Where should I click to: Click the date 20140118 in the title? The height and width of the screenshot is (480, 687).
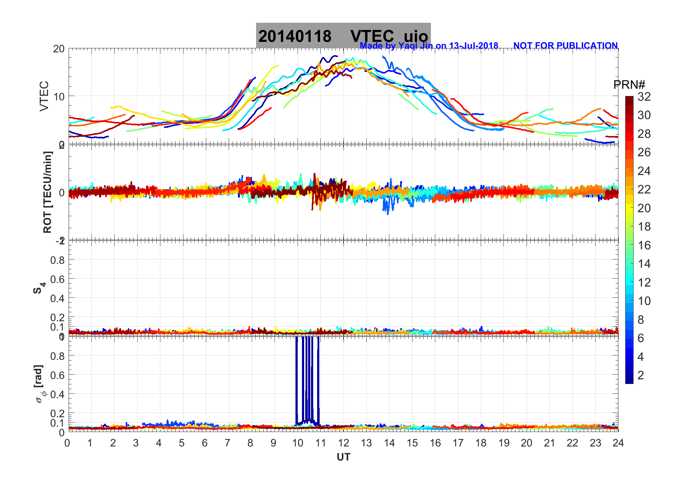tap(295, 36)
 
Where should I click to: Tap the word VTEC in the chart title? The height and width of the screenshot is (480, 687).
tap(372, 36)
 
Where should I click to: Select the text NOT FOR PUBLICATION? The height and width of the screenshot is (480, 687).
tap(565, 46)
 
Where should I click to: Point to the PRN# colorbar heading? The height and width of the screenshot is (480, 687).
tap(629, 85)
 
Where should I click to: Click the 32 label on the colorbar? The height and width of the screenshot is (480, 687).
tap(644, 97)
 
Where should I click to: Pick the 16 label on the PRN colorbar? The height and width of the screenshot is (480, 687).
tap(644, 245)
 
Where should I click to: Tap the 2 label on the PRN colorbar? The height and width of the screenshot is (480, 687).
tap(641, 375)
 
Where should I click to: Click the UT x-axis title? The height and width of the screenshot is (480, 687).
tap(343, 457)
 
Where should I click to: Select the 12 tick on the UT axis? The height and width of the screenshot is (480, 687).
tap(343, 443)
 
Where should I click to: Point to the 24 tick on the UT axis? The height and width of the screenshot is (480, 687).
tap(618, 443)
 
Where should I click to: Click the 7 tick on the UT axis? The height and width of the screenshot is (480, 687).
tap(228, 443)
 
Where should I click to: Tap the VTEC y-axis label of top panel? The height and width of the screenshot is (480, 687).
tap(44, 96)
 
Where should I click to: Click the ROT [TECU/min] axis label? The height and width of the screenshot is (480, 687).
tap(47, 192)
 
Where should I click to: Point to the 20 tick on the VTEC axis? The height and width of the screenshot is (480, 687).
tap(59, 49)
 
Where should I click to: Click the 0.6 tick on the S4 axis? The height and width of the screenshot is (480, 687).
tap(57, 279)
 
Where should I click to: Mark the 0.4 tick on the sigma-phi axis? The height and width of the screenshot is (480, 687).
tap(57, 394)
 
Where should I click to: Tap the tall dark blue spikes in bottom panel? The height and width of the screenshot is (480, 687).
tap(307, 379)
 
